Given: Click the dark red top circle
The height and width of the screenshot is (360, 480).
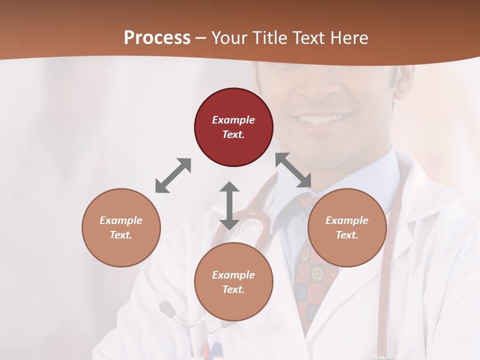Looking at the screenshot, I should [233, 127].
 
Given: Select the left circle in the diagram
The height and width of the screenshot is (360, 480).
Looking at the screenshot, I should [121, 227].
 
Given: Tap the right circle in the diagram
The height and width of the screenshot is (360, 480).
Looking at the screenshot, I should [347, 227].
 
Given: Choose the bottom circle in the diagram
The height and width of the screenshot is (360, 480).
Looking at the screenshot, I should [233, 282].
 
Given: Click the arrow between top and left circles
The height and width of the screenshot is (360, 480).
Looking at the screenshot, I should [173, 175].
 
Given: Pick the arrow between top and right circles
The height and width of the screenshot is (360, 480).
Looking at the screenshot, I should [293, 170].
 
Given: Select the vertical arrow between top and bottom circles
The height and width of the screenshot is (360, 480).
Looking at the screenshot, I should [229, 205].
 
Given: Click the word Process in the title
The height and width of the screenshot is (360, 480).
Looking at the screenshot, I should [157, 38].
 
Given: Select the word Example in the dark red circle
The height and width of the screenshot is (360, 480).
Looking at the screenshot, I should [233, 120].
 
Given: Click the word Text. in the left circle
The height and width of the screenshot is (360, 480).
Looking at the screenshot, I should [121, 235].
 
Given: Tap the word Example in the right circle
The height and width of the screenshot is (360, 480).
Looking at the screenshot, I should [347, 220].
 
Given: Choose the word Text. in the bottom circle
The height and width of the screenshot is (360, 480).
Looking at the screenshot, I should [233, 289].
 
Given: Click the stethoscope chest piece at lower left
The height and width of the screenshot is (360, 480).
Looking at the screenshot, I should [167, 308].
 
